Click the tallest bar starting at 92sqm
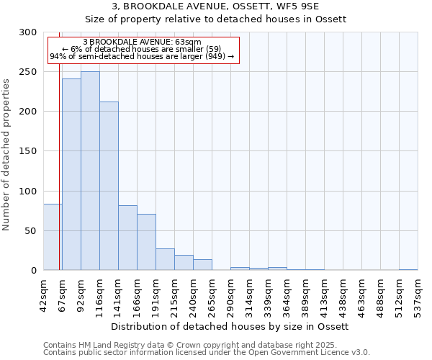[x=90, y=171]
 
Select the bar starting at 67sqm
[x=71, y=174]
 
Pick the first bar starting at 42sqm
[x=52, y=237]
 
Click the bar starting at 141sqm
[x=127, y=238]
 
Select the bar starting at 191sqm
[x=165, y=259]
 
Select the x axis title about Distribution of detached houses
[x=230, y=326]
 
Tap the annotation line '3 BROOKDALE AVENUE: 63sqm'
[x=142, y=42]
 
